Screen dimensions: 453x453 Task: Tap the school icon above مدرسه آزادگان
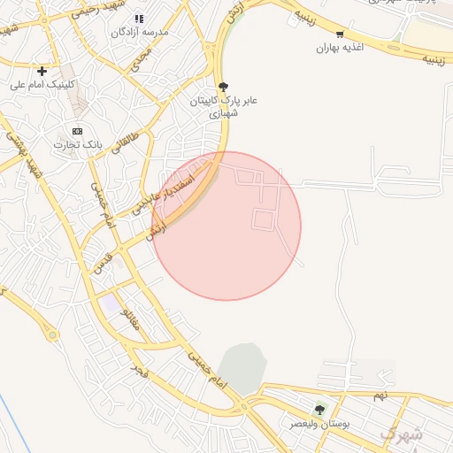tap(138, 19)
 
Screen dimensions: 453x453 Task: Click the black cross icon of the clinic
tap(42, 70)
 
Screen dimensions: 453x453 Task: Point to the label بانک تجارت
tap(79, 143)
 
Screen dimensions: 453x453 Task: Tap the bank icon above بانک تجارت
tap(77, 130)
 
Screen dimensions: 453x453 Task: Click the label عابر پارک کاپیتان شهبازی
tap(221, 107)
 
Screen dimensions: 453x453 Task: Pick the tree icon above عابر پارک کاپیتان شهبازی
tap(222, 87)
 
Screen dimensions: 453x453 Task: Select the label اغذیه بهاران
tap(341, 47)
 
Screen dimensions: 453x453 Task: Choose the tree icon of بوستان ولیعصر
tap(319, 410)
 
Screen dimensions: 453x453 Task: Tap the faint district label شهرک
tap(401, 434)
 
